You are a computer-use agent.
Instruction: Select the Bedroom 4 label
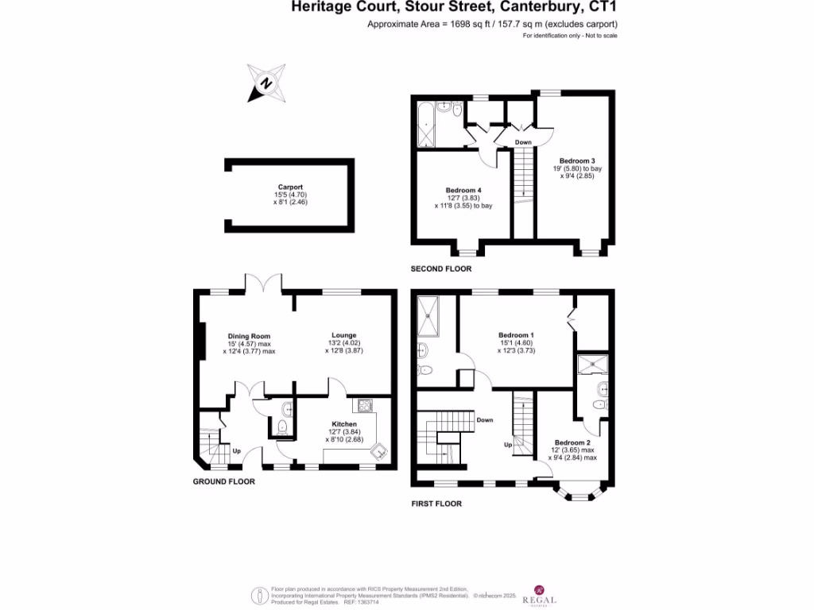(463, 191)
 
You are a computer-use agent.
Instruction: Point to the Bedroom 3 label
(576, 160)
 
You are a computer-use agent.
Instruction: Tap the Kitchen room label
(344, 424)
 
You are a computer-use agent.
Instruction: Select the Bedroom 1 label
(516, 335)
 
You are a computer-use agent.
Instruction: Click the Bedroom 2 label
(572, 442)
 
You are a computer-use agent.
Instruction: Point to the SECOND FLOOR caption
(440, 269)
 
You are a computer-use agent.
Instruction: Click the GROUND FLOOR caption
(224, 482)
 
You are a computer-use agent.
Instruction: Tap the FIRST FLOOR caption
(436, 504)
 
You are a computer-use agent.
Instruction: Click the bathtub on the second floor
(424, 124)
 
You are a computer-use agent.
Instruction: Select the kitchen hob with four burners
(366, 406)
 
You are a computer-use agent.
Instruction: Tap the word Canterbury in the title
(542, 8)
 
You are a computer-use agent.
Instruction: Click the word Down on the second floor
(523, 142)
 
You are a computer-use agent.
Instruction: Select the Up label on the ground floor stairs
(237, 452)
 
